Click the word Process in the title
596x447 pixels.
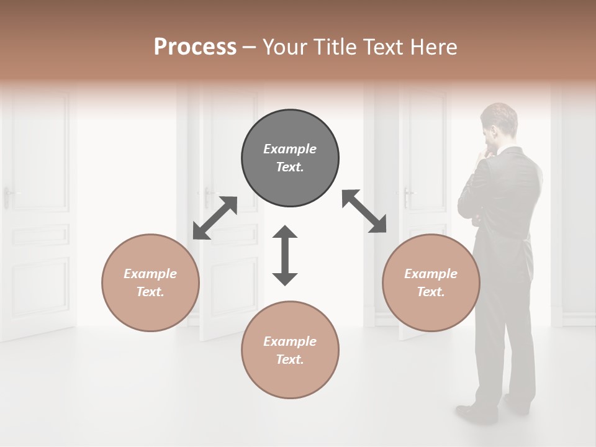tap(195, 47)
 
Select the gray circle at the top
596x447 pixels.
tap(290, 158)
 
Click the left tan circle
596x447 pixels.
tap(150, 282)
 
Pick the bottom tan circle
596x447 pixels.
tap(290, 350)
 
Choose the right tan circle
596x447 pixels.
tap(431, 282)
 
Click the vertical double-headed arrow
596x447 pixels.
tap(285, 255)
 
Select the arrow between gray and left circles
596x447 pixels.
tap(215, 217)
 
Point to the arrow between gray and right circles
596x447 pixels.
tap(364, 211)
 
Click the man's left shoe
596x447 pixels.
tap(477, 412)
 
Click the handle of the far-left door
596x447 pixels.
tap(9, 196)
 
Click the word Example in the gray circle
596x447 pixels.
tap(290, 149)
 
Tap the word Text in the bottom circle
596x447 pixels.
tap(290, 359)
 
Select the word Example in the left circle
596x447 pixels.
tap(150, 274)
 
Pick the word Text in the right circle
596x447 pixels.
tap(431, 292)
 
